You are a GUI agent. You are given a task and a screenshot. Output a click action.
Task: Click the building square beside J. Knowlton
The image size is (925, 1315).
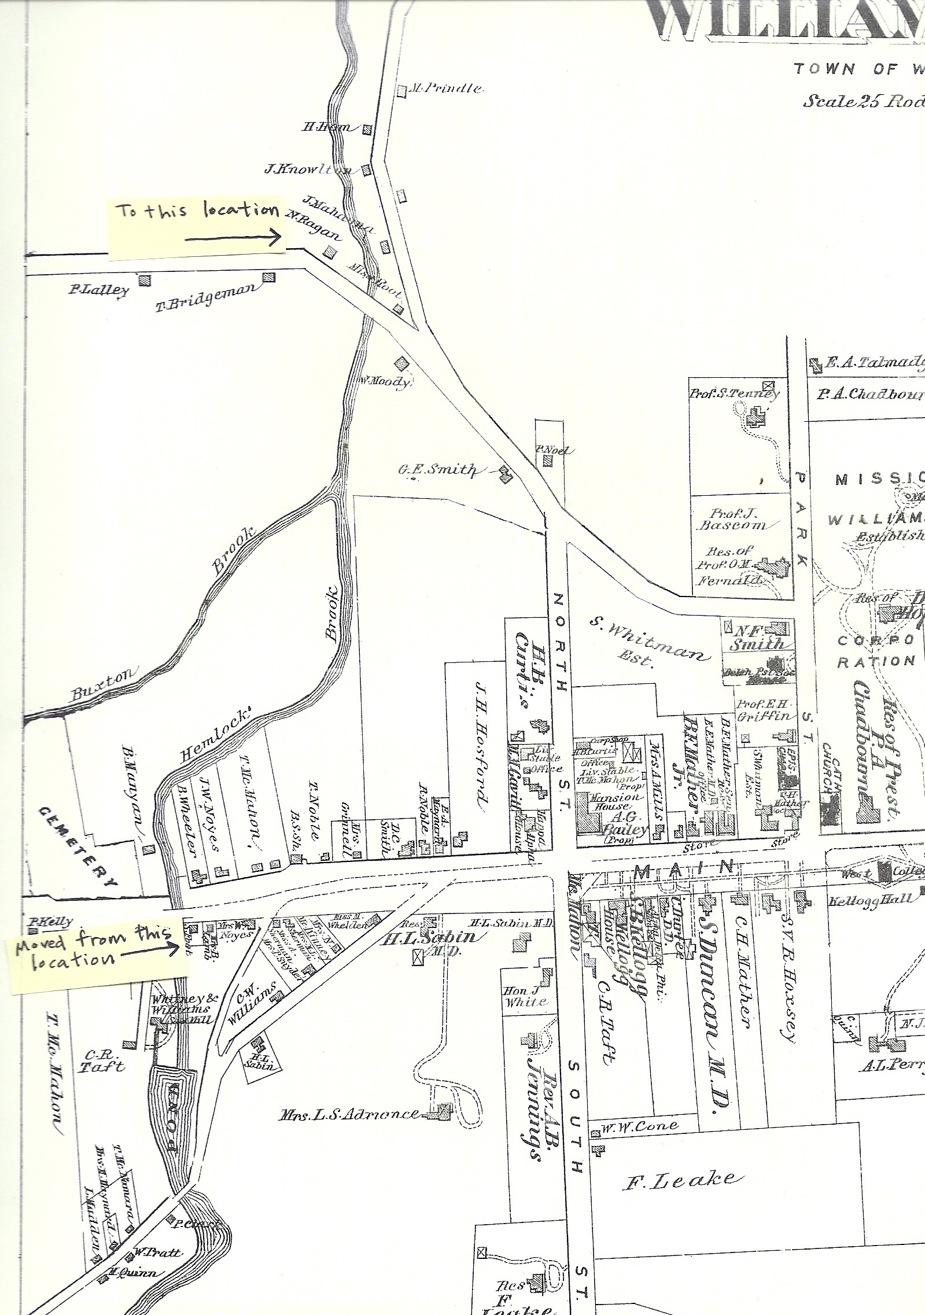366,170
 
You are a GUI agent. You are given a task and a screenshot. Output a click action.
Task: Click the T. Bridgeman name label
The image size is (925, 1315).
205,297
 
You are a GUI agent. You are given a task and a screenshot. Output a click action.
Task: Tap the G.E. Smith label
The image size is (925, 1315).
437,470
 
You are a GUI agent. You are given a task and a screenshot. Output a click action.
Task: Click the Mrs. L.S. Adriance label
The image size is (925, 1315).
350,1114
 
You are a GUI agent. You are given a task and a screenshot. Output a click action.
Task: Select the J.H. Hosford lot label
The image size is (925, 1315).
474,746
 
